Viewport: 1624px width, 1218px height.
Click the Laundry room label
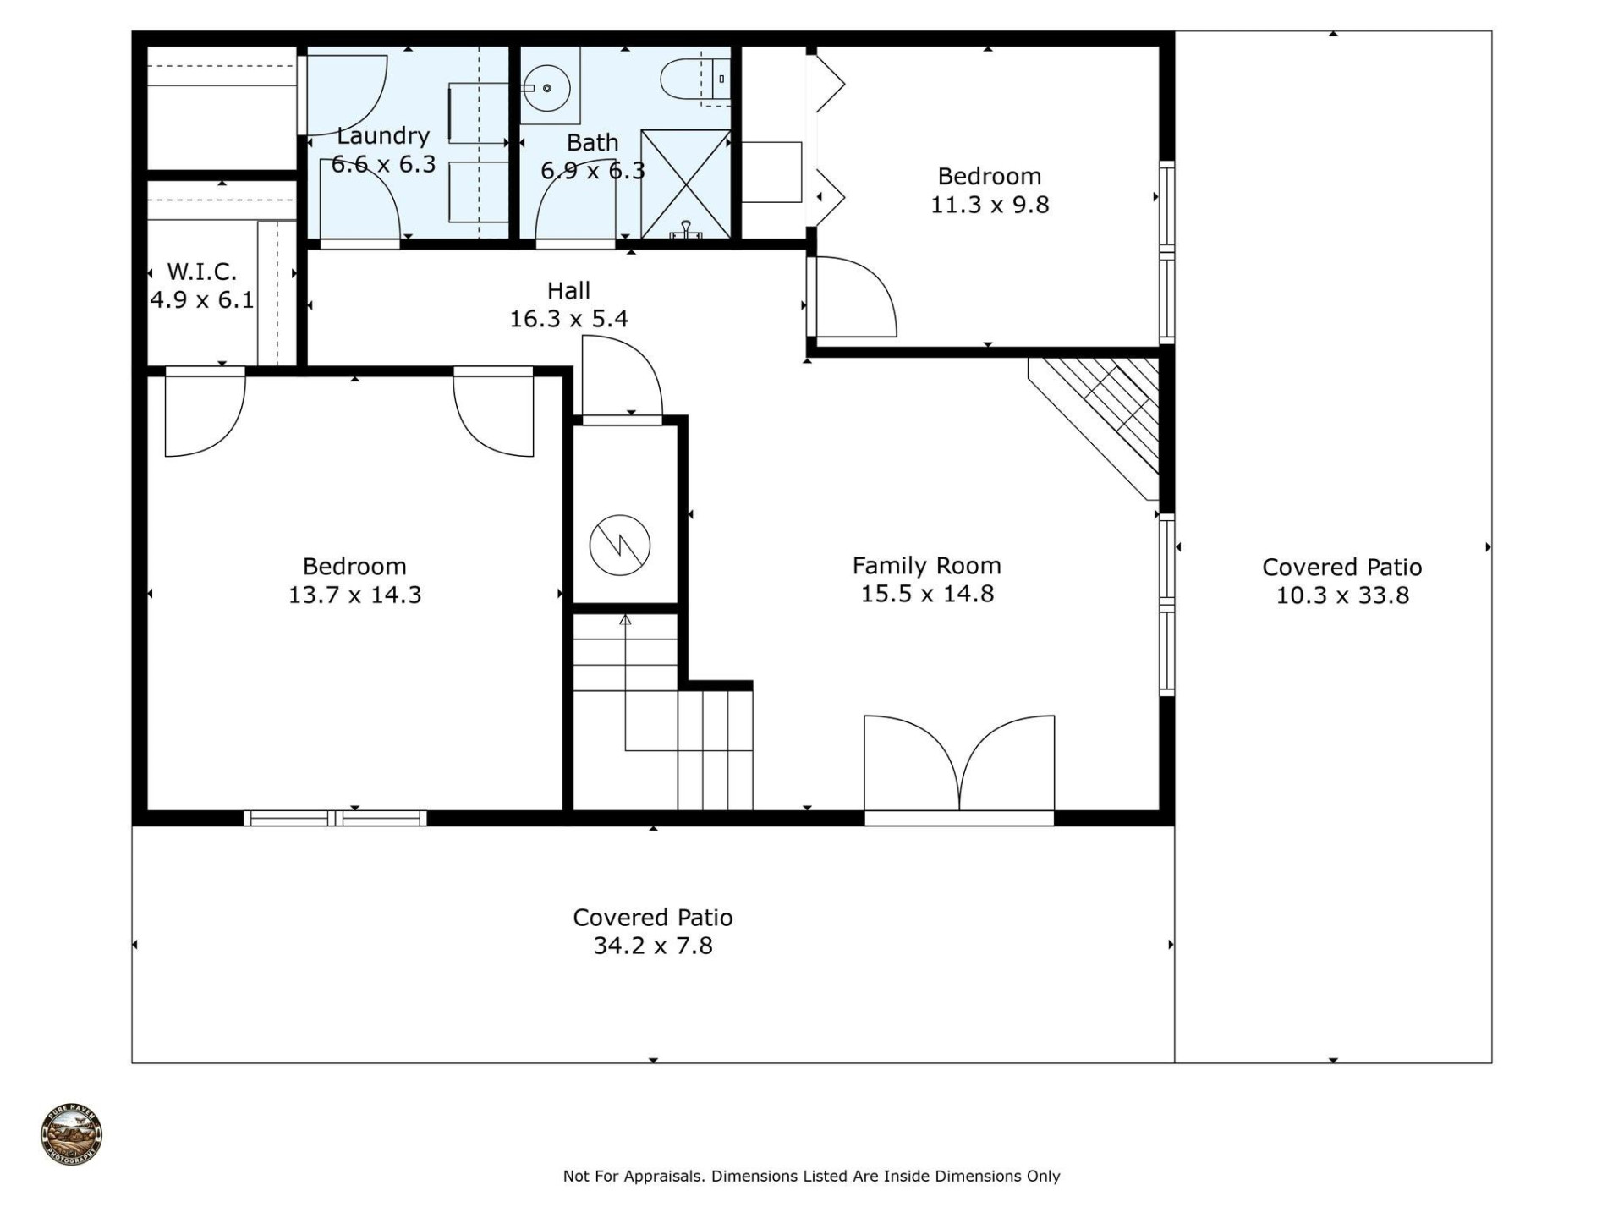[x=383, y=136]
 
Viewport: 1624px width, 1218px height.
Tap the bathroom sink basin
[x=548, y=87]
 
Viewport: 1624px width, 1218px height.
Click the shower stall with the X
[x=685, y=184]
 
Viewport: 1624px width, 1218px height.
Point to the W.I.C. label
[x=201, y=272]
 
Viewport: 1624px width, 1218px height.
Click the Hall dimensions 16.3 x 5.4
[x=568, y=319]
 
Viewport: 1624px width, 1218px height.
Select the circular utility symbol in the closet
[x=620, y=545]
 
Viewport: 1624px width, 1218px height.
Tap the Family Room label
[x=926, y=566]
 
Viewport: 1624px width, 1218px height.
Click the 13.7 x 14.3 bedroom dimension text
[x=354, y=595]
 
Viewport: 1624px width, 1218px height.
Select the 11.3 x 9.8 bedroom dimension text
[x=990, y=205]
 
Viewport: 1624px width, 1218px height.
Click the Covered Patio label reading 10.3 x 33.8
[x=1342, y=595]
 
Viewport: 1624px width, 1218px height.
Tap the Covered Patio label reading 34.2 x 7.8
[x=653, y=946]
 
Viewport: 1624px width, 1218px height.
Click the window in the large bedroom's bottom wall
[x=335, y=818]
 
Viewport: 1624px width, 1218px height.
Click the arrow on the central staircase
[x=625, y=621]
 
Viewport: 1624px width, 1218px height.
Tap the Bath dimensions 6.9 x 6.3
[x=592, y=172]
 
